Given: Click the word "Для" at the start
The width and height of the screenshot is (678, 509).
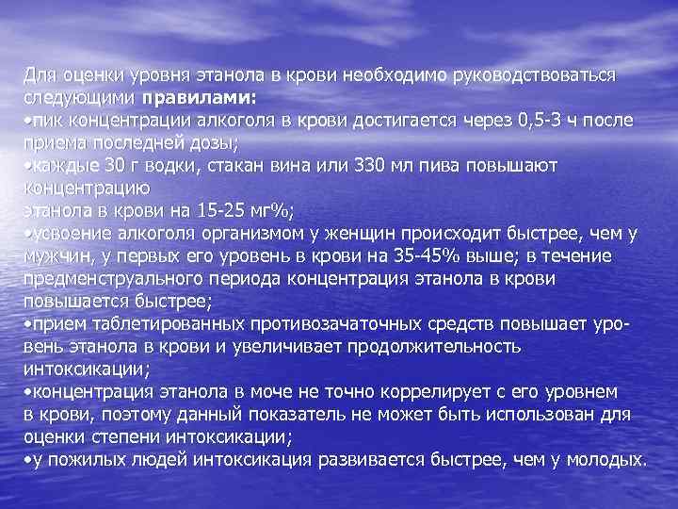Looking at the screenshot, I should tap(39, 74).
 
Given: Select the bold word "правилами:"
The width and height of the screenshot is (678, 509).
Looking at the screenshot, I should tap(199, 97).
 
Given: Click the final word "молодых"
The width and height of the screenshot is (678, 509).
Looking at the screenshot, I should tap(605, 459).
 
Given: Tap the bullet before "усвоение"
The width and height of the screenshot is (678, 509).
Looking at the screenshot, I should tap(26, 234).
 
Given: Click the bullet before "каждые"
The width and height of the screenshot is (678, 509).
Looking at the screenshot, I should tap(26, 166).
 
